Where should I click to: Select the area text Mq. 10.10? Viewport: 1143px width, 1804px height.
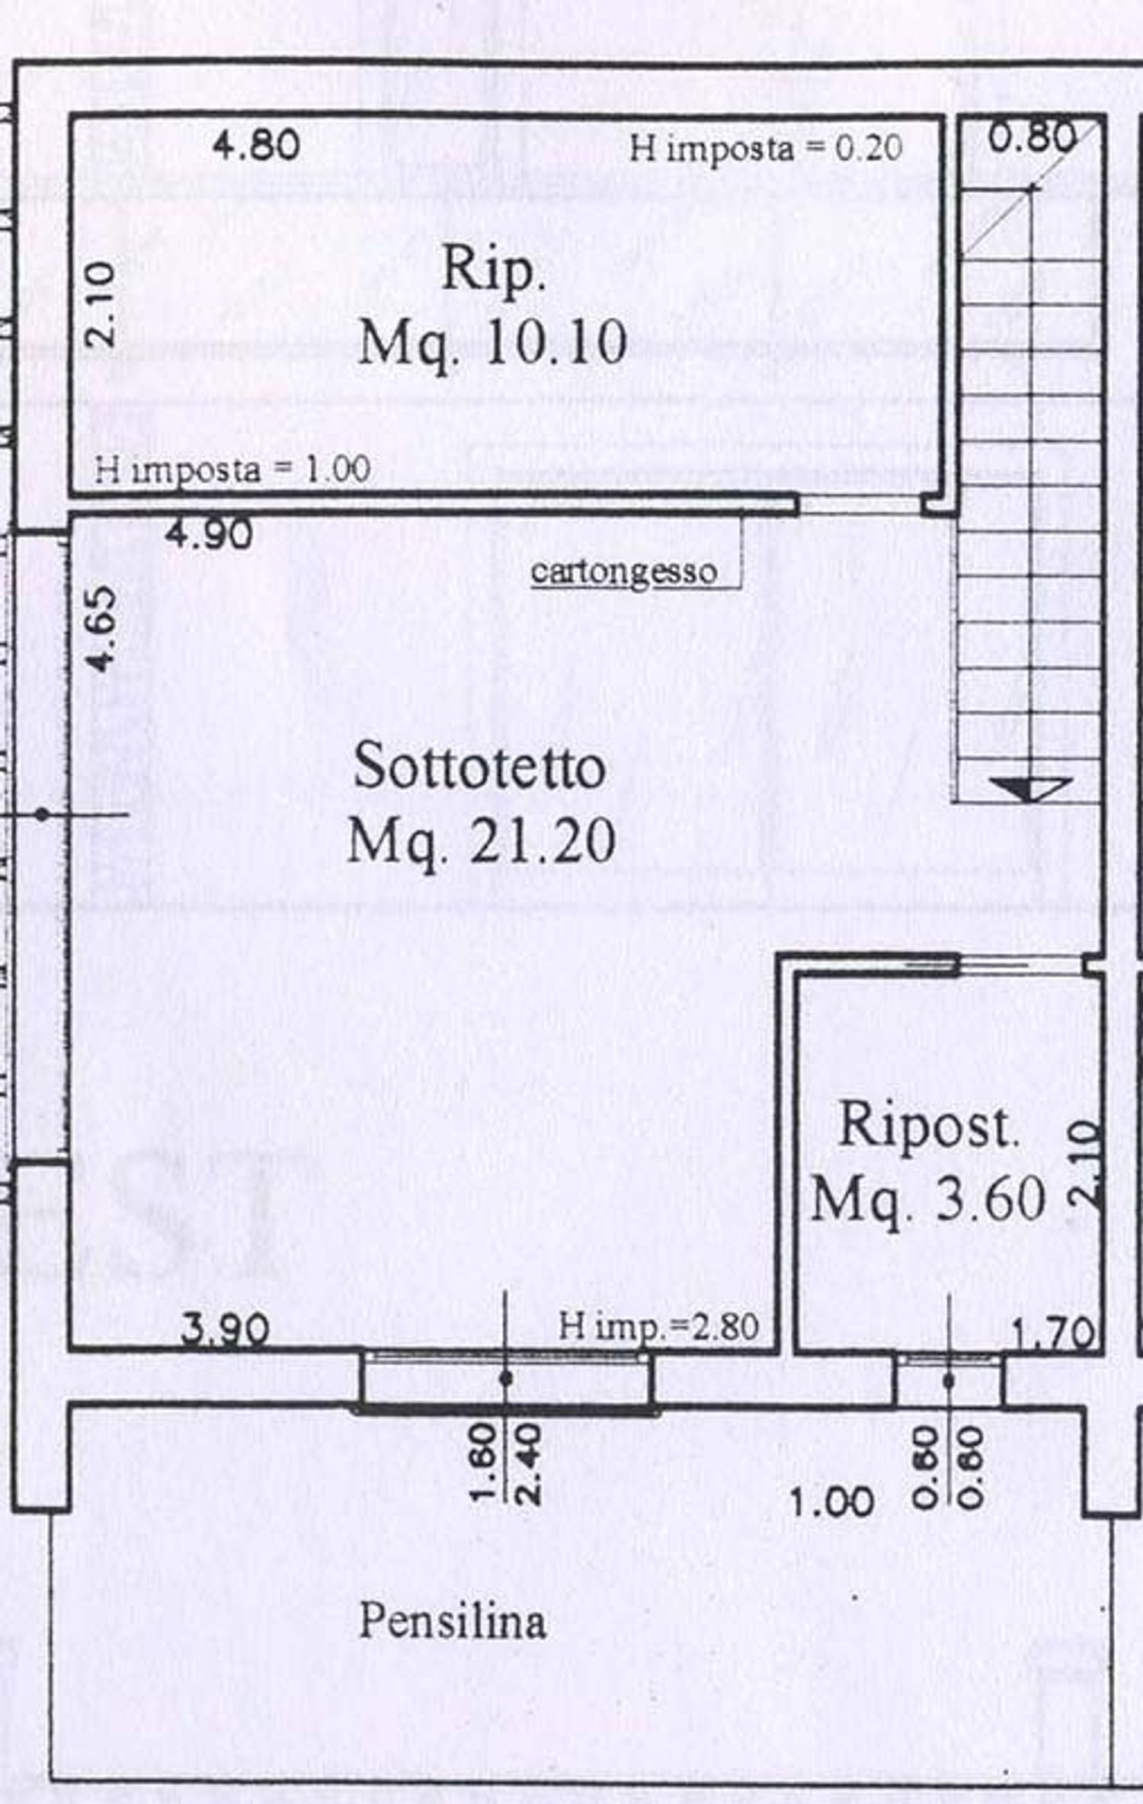coord(492,343)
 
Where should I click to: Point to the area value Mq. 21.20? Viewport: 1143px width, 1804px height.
coord(481,840)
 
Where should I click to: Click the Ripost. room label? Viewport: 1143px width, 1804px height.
coord(928,1126)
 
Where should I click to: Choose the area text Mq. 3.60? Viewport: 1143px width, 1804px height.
coord(927,1199)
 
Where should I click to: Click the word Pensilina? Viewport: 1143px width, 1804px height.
coord(452,1621)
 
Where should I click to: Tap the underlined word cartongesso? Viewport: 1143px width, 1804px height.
coord(623,571)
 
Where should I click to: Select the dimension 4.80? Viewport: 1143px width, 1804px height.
coord(256,145)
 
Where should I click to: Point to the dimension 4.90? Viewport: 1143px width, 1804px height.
coord(210,534)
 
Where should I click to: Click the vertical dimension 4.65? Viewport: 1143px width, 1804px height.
coord(103,629)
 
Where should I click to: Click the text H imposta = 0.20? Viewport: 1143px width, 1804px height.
coord(765,148)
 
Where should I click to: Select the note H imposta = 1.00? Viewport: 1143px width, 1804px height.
coord(232,469)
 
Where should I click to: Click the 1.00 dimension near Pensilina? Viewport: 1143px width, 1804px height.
coord(831,1502)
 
